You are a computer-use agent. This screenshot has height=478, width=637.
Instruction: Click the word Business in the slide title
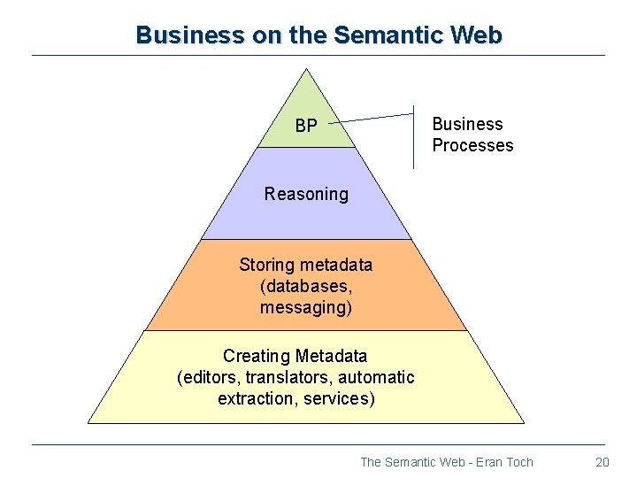(x=177, y=35)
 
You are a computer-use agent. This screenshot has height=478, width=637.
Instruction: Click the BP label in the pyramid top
(x=306, y=127)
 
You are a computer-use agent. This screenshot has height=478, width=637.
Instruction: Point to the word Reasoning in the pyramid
(x=306, y=194)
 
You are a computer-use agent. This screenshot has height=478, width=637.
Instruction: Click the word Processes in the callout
(x=472, y=145)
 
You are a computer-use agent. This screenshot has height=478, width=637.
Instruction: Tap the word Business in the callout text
(x=467, y=124)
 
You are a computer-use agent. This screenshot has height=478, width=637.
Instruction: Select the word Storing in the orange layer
(x=267, y=265)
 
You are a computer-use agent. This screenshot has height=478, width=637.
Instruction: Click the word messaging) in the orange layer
(x=306, y=307)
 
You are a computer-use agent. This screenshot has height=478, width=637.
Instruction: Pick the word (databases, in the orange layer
(x=306, y=286)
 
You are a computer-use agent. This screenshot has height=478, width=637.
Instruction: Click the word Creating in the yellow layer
(x=256, y=356)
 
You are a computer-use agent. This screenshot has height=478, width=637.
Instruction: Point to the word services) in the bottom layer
(x=339, y=398)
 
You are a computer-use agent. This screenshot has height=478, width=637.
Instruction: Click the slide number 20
(x=602, y=461)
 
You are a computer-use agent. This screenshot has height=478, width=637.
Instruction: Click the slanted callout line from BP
(x=376, y=115)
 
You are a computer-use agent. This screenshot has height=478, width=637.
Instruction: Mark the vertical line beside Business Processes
(x=413, y=137)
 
